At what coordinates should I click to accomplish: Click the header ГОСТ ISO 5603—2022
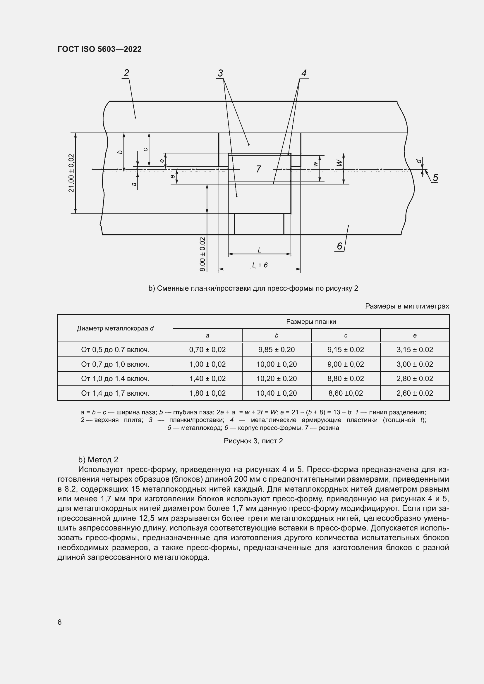click(x=99, y=49)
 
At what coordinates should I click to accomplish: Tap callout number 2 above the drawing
click(x=126, y=73)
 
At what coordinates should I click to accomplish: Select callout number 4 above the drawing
click(x=304, y=73)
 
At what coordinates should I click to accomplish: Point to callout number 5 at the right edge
click(x=435, y=178)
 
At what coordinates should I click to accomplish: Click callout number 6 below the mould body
click(x=339, y=246)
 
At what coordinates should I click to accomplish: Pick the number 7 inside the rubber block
click(x=258, y=169)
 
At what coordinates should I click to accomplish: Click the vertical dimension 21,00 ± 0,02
click(x=71, y=173)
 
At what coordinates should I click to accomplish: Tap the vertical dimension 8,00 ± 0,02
click(x=203, y=254)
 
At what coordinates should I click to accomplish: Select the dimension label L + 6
click(x=260, y=265)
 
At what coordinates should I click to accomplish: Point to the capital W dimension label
click(x=339, y=163)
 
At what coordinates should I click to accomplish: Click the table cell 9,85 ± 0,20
click(x=276, y=349)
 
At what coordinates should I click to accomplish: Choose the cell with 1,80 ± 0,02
click(x=207, y=393)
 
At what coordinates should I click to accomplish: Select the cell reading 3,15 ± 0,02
click(x=415, y=349)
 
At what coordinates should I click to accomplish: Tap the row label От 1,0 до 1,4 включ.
click(x=115, y=379)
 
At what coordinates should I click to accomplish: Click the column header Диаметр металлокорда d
click(x=115, y=328)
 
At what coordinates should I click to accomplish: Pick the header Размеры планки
click(x=311, y=321)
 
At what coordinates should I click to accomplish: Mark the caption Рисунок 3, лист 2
click(x=253, y=441)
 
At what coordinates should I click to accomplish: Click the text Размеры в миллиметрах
click(x=407, y=306)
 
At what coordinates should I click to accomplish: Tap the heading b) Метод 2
click(x=98, y=460)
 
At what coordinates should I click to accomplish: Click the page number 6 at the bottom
click(x=60, y=622)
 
